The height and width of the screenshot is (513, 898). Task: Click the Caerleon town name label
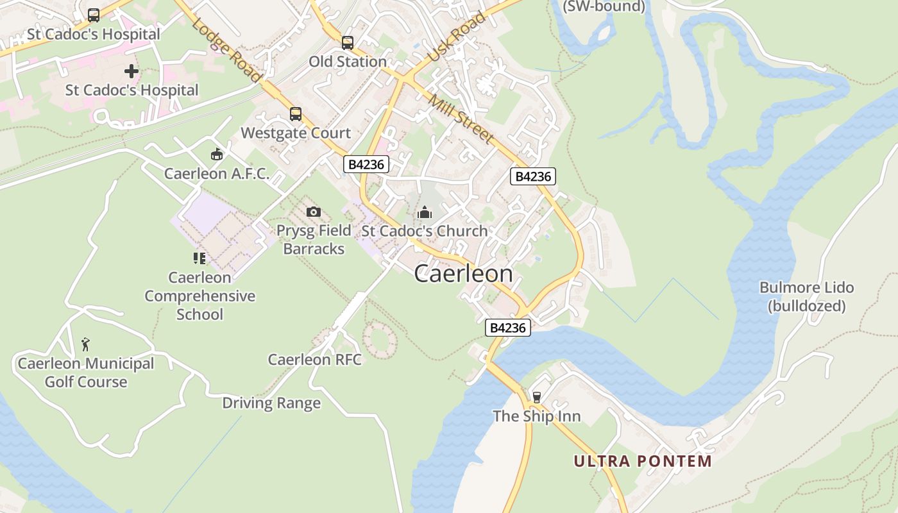463,274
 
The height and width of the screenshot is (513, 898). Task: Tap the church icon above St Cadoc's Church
425,212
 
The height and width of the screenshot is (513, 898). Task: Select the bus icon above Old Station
348,43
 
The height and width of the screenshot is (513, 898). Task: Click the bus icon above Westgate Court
295,114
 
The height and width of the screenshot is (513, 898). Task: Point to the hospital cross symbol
131,71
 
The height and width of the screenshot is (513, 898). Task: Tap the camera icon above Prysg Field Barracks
314,212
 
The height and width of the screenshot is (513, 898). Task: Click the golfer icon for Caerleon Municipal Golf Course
85,344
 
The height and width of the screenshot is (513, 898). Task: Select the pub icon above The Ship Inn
537,398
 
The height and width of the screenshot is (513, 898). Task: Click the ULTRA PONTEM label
643,461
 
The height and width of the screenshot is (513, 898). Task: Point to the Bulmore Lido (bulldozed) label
806,296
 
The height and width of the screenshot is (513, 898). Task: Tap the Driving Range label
271,403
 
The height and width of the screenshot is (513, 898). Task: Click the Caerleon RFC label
314,360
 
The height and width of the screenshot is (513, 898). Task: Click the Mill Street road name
461,119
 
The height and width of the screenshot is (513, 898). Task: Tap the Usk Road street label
456,37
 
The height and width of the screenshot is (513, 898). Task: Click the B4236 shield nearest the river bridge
507,328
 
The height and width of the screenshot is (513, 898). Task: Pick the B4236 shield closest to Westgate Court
366,165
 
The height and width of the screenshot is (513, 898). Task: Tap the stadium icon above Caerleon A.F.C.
217,155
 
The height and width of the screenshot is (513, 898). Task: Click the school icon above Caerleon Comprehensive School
199,258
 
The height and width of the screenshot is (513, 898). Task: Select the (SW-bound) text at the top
604,7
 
